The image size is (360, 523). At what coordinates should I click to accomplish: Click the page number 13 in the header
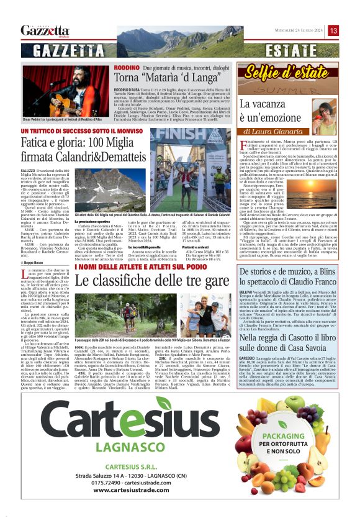coord(333,30)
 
